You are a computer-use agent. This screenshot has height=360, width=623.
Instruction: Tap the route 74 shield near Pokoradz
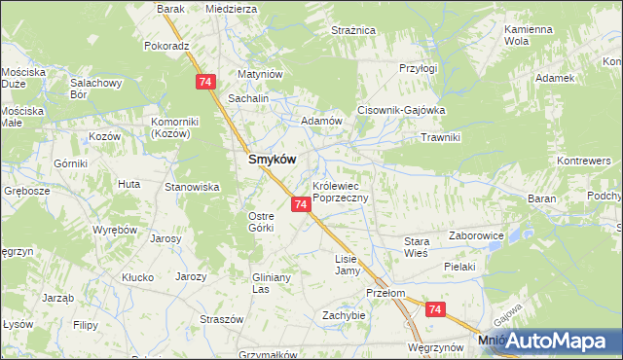204,83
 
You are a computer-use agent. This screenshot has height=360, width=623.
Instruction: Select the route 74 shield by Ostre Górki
301,204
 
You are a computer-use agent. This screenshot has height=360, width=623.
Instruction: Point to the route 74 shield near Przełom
434,309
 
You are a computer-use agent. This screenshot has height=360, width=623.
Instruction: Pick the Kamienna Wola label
529,36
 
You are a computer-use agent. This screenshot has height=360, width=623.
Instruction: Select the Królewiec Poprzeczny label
340,191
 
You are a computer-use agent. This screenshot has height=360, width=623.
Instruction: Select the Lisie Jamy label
348,265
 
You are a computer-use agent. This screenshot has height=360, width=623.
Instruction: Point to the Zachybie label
344,315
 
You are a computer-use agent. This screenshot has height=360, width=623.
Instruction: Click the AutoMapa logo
550,341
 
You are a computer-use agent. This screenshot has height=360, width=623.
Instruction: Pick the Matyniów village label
261,74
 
